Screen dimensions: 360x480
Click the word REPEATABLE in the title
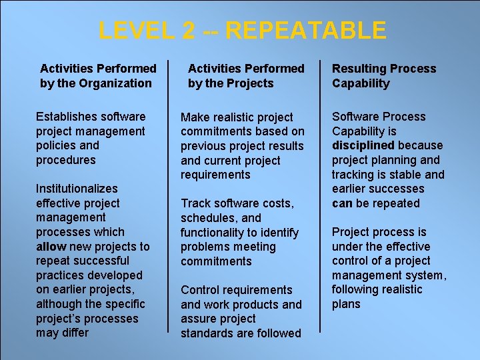click(x=306, y=31)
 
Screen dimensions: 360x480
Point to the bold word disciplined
click(x=363, y=145)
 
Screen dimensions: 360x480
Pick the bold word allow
click(x=51, y=247)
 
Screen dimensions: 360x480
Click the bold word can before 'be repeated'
click(x=341, y=203)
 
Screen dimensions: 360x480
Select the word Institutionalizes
click(x=77, y=189)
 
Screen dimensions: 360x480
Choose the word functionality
click(x=214, y=233)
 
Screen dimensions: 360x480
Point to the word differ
click(x=76, y=333)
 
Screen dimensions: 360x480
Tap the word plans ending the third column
click(x=346, y=304)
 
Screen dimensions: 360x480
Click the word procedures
click(x=66, y=160)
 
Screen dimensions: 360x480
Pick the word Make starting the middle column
click(x=195, y=117)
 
